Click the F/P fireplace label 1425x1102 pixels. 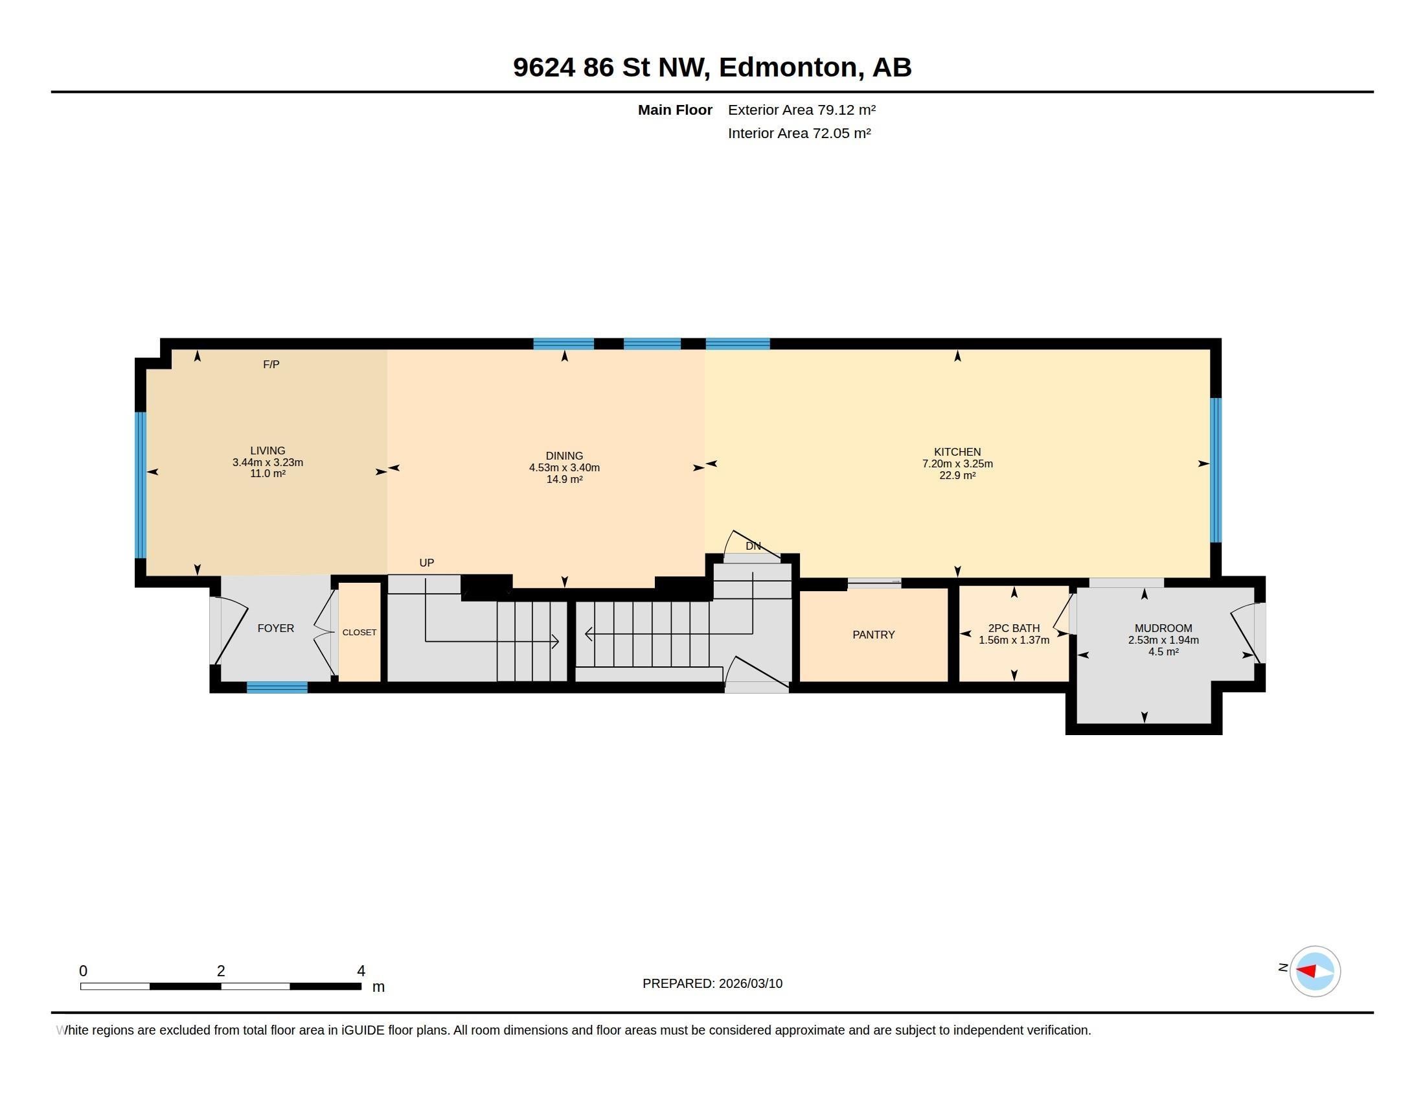pos(271,364)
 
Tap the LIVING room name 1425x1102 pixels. pos(268,451)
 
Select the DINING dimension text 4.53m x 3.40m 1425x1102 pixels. pos(564,467)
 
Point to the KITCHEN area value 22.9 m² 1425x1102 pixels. pos(957,475)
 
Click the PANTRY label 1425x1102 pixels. pos(874,635)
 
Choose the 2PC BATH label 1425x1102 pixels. pos(1014,628)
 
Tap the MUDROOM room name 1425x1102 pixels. pos(1163,628)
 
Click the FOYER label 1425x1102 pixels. pos(276,628)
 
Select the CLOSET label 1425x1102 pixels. pos(359,632)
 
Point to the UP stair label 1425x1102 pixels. pos(427,563)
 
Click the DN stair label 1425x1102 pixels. pos(753,546)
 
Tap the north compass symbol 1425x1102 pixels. pos(1314,972)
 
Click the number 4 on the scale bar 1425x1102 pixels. pos(361,971)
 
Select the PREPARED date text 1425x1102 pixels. pos(712,983)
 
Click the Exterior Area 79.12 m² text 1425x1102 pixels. pos(802,110)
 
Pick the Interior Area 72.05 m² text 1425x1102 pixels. pos(799,133)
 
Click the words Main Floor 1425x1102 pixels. pos(675,110)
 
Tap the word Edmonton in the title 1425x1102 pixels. pos(788,67)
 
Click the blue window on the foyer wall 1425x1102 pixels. pos(277,687)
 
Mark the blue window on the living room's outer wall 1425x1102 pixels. pos(141,485)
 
